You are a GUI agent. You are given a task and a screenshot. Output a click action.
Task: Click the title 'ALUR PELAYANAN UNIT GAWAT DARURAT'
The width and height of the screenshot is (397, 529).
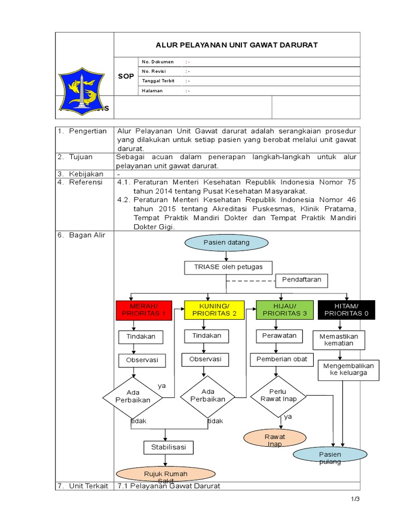point(237,45)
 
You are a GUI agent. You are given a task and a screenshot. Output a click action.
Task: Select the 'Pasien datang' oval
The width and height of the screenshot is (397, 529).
point(226,242)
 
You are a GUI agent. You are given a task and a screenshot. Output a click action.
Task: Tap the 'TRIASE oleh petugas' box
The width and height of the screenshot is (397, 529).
point(228,267)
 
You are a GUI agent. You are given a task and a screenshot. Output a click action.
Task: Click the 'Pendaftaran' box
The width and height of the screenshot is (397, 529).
point(301,280)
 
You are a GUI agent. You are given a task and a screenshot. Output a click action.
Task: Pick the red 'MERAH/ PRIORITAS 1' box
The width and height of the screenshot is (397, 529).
point(144,310)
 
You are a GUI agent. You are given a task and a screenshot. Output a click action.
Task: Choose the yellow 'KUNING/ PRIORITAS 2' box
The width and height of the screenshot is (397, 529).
point(214,310)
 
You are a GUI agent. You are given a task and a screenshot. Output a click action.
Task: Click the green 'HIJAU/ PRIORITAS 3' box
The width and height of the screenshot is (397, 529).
point(284,310)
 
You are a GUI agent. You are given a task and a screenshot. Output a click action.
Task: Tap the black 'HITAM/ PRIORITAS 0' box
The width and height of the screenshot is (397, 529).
point(346,310)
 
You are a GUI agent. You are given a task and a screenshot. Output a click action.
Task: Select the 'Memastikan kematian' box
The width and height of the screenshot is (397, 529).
point(339,340)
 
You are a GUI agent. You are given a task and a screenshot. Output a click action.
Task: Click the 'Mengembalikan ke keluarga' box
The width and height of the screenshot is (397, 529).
point(348,369)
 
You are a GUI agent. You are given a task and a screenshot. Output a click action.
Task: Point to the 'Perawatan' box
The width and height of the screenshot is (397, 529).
point(279,336)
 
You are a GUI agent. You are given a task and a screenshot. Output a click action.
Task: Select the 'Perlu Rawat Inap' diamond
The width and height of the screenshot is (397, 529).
point(278,396)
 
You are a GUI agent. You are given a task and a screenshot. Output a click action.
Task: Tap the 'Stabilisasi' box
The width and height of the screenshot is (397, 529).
point(168,447)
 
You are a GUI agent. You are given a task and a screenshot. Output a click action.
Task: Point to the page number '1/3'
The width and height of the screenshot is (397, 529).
point(355,500)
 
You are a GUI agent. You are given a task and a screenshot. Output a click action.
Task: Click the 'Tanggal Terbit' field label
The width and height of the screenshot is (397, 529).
point(158,81)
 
